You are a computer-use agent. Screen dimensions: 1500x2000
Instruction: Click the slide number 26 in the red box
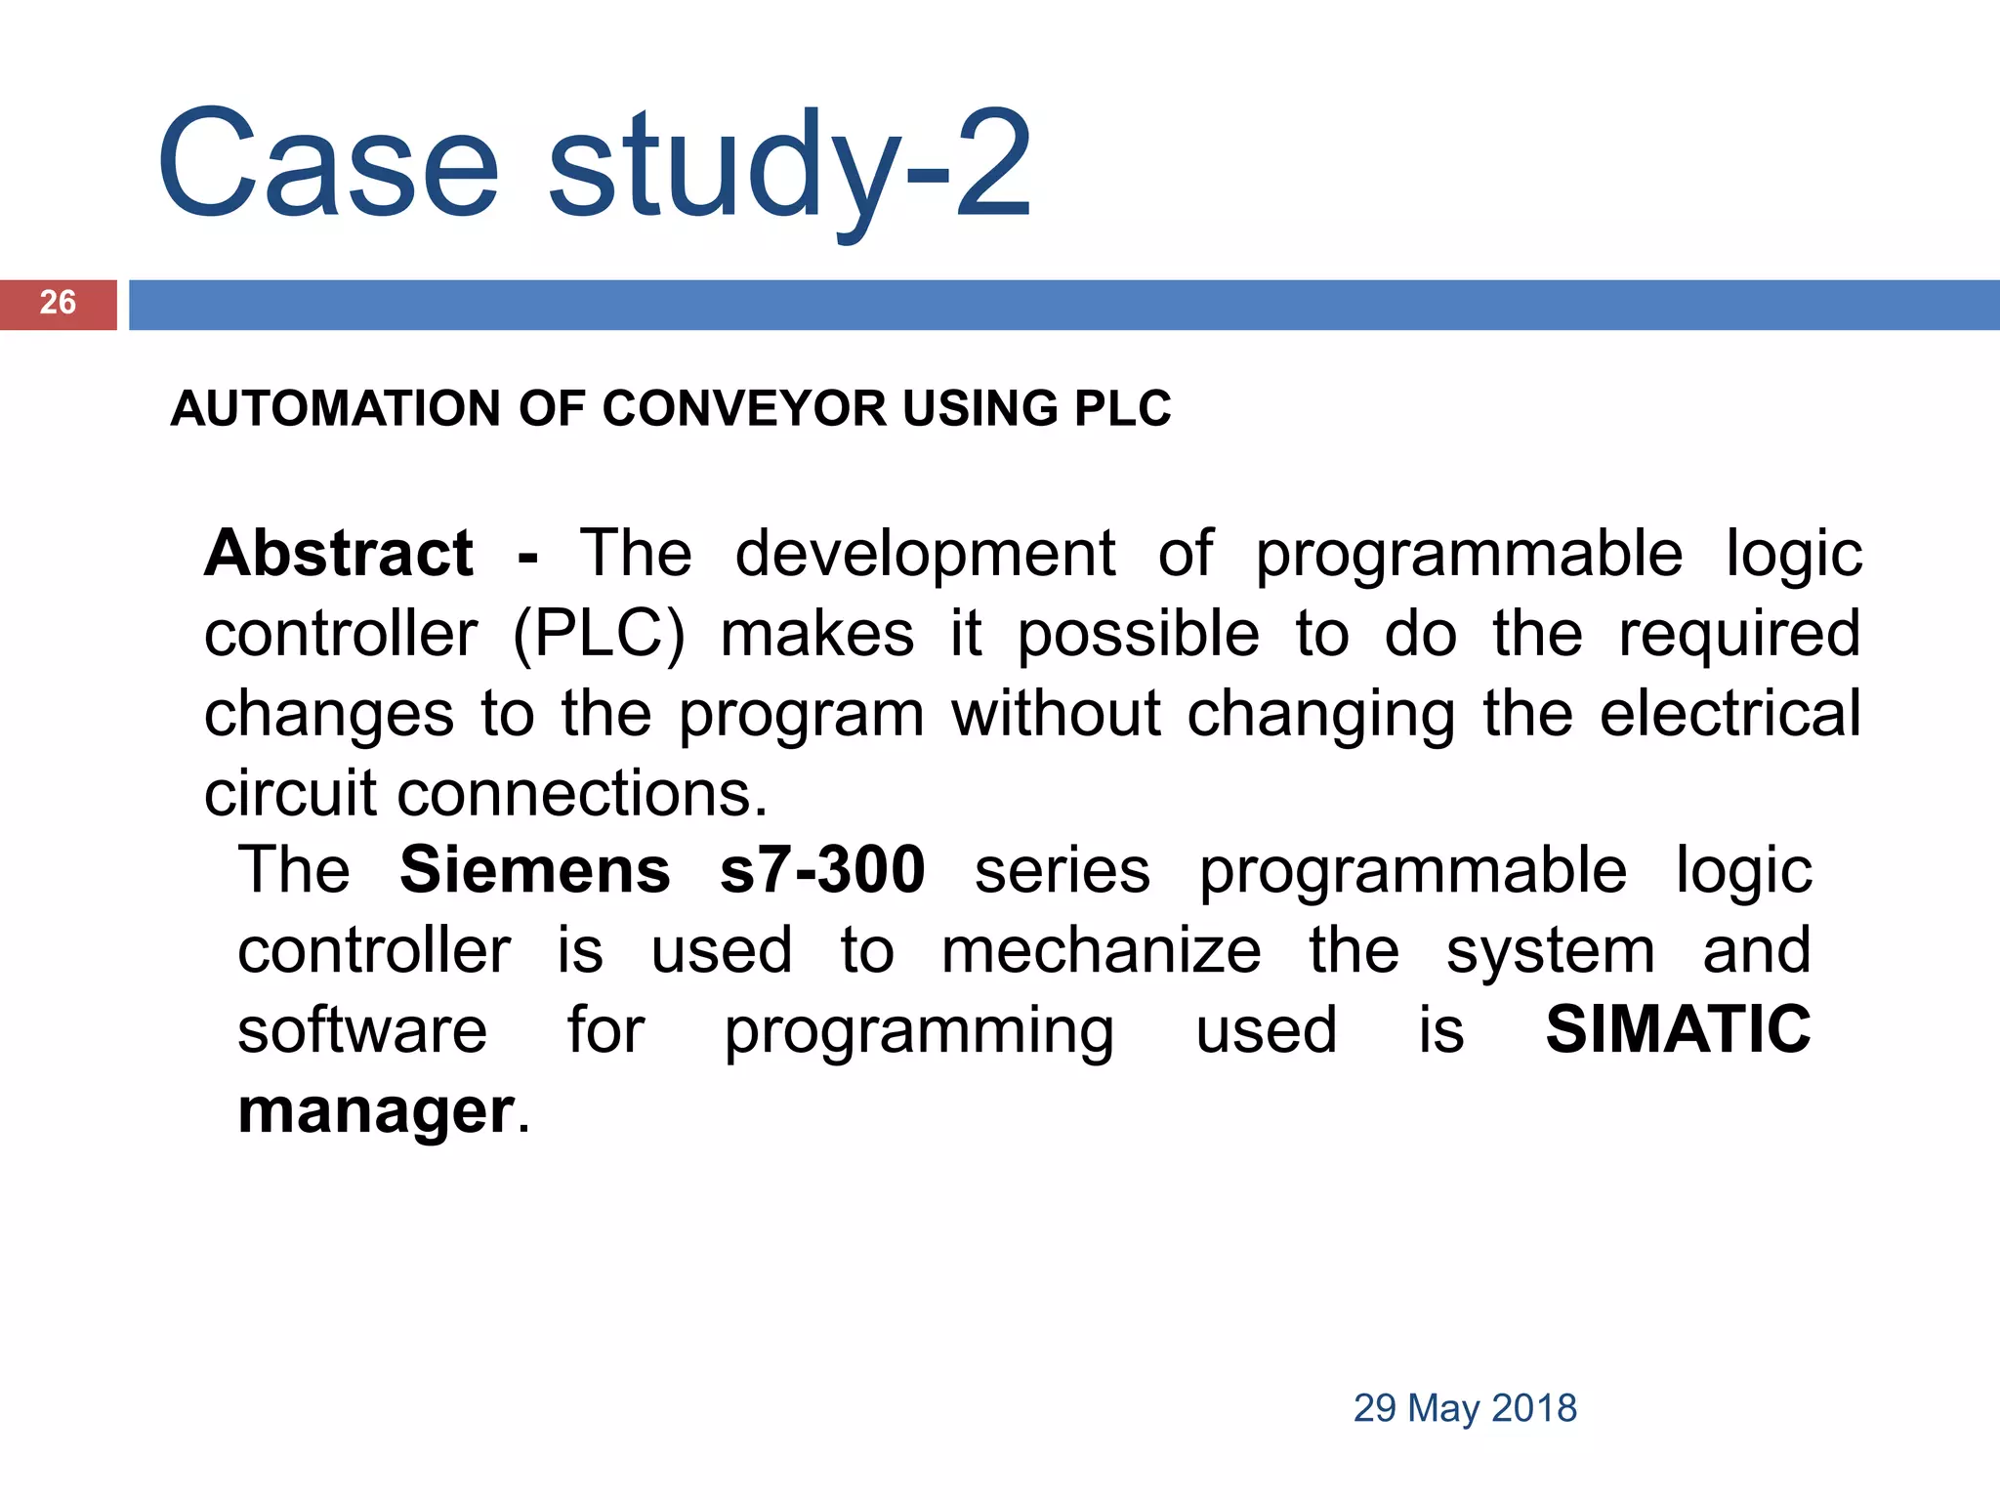point(58,303)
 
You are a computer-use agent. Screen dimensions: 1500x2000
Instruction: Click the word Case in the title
point(328,163)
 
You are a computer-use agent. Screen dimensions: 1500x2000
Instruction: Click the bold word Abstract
point(339,554)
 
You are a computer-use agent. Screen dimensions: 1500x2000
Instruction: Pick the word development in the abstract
point(925,555)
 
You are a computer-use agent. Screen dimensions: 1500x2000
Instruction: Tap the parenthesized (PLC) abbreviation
point(600,635)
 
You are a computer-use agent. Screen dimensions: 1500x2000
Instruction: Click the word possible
point(1139,635)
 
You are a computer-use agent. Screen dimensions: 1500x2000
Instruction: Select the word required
point(1739,635)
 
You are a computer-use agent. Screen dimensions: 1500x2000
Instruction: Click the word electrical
point(1730,714)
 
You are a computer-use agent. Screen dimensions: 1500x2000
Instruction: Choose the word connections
point(582,793)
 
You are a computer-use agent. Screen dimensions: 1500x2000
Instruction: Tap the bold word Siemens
point(535,870)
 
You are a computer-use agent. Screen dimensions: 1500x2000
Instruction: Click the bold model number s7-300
point(822,870)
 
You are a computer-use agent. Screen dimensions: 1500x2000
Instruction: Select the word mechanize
point(1102,950)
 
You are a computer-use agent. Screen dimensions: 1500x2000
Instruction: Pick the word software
point(362,1030)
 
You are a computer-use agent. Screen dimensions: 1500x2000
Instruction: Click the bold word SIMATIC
point(1678,1030)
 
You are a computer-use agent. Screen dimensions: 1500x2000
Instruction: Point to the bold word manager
point(376,1110)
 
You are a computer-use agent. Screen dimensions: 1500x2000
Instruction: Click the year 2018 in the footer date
point(1534,1408)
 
